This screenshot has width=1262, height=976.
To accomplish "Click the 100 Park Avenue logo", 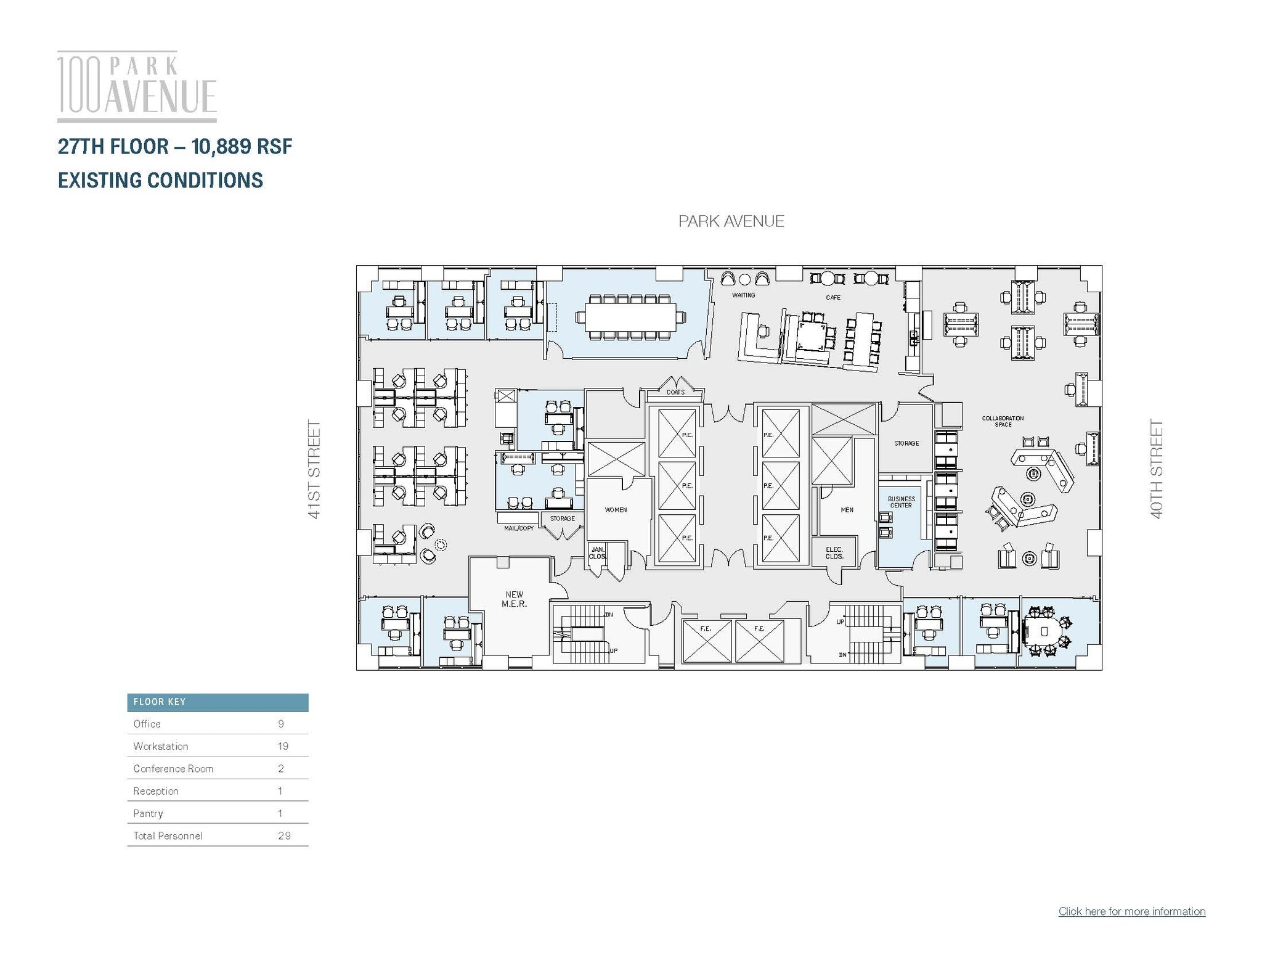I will (137, 86).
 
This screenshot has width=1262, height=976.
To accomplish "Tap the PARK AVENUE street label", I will (731, 221).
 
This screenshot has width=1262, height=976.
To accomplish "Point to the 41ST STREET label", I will (314, 469).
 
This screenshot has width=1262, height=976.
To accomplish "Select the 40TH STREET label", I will (1157, 469).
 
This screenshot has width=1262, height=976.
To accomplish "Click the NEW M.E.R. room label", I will (514, 599).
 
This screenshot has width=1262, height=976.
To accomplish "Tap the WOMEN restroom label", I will (616, 510).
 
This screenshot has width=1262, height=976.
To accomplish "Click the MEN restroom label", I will (847, 510).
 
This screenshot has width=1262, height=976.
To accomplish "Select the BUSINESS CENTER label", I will (901, 502).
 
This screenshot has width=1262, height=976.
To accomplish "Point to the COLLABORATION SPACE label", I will (1003, 421).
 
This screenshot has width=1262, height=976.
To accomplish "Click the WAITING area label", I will (743, 295).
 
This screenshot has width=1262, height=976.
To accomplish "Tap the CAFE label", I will (833, 297).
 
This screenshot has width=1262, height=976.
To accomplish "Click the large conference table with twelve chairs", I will (630, 317).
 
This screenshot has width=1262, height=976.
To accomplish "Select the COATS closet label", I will (675, 392).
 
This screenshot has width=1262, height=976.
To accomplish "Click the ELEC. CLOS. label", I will (834, 552).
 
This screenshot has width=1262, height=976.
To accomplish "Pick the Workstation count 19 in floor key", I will (283, 746).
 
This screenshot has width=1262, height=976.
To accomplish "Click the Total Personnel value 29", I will (283, 835).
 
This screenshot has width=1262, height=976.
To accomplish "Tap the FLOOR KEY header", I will (160, 702).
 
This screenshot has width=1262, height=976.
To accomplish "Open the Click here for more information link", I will (1131, 911).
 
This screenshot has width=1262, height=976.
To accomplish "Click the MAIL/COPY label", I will (519, 528).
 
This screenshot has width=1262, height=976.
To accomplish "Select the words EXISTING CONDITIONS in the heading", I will (160, 180).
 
